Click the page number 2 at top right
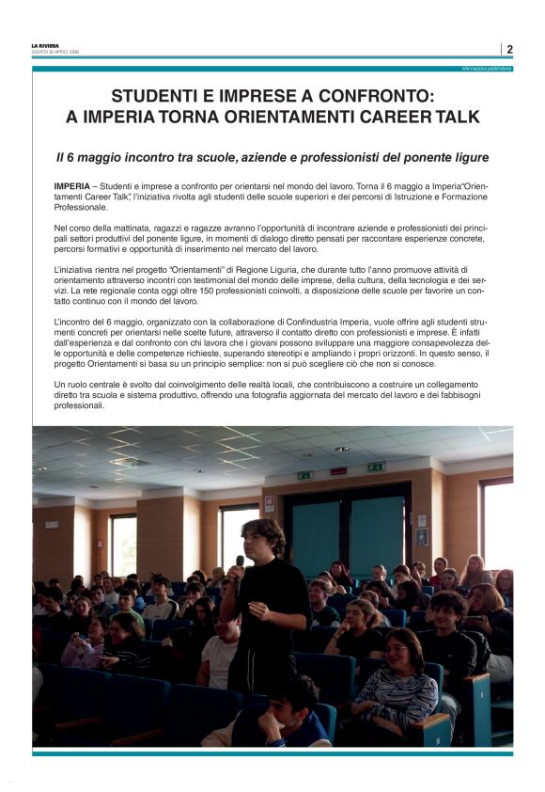pyautogui.click(x=509, y=49)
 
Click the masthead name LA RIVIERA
pyautogui.click(x=44, y=45)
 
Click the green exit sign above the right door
pyautogui.click(x=377, y=467)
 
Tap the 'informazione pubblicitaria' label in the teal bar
pyautogui.click(x=486, y=69)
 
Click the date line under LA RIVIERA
pyautogui.click(x=54, y=52)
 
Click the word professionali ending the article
pyautogui.click(x=80, y=405)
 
